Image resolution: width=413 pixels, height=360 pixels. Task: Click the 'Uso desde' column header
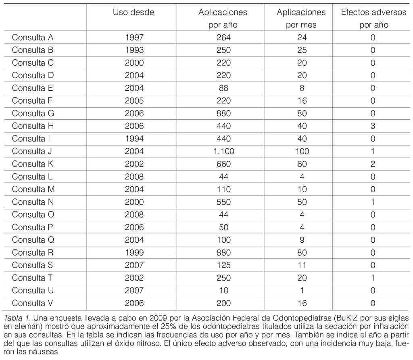click(x=133, y=12)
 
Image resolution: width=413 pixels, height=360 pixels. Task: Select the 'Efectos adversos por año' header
click(x=373, y=18)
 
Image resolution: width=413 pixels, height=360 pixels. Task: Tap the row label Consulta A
click(x=33, y=37)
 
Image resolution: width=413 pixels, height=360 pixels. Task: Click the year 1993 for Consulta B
click(x=134, y=50)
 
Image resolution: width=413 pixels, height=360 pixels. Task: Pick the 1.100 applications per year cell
click(x=223, y=152)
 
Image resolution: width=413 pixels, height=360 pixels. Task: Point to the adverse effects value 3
click(x=373, y=126)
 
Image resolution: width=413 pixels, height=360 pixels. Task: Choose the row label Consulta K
click(x=33, y=164)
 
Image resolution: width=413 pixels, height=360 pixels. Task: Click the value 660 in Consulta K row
click(x=223, y=164)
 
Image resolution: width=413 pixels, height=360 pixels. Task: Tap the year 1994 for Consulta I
click(x=134, y=139)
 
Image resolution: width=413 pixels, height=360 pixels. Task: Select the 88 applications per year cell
click(x=223, y=88)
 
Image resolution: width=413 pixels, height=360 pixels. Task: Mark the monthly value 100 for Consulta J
click(x=301, y=152)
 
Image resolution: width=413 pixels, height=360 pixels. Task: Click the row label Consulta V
click(x=33, y=303)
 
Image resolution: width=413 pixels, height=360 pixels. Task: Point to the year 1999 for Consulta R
click(x=134, y=253)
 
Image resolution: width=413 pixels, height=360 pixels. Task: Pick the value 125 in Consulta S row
click(x=223, y=265)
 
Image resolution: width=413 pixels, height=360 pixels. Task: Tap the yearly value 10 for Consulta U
click(x=223, y=291)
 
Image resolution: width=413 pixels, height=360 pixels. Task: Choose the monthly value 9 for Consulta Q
click(x=301, y=240)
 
